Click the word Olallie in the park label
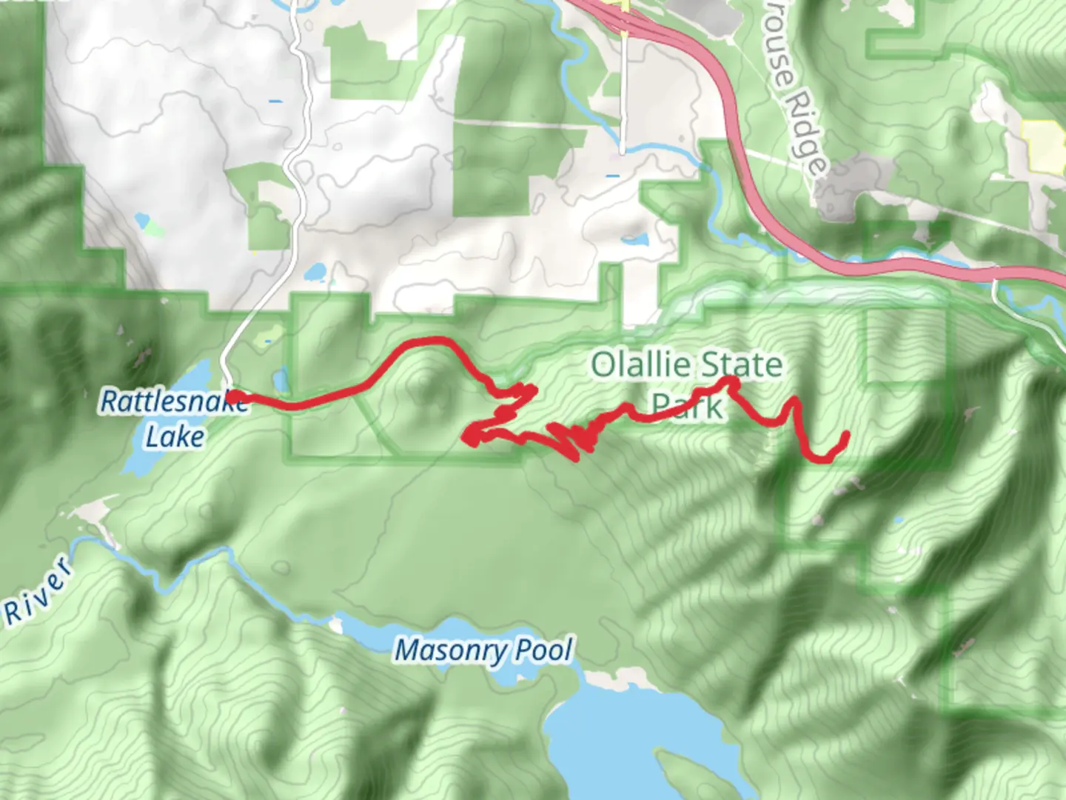(x=641, y=364)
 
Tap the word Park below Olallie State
(x=686, y=406)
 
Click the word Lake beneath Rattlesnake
(x=175, y=437)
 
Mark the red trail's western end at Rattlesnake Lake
(x=231, y=398)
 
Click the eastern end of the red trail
(x=845, y=435)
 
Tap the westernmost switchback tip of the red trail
(x=466, y=436)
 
